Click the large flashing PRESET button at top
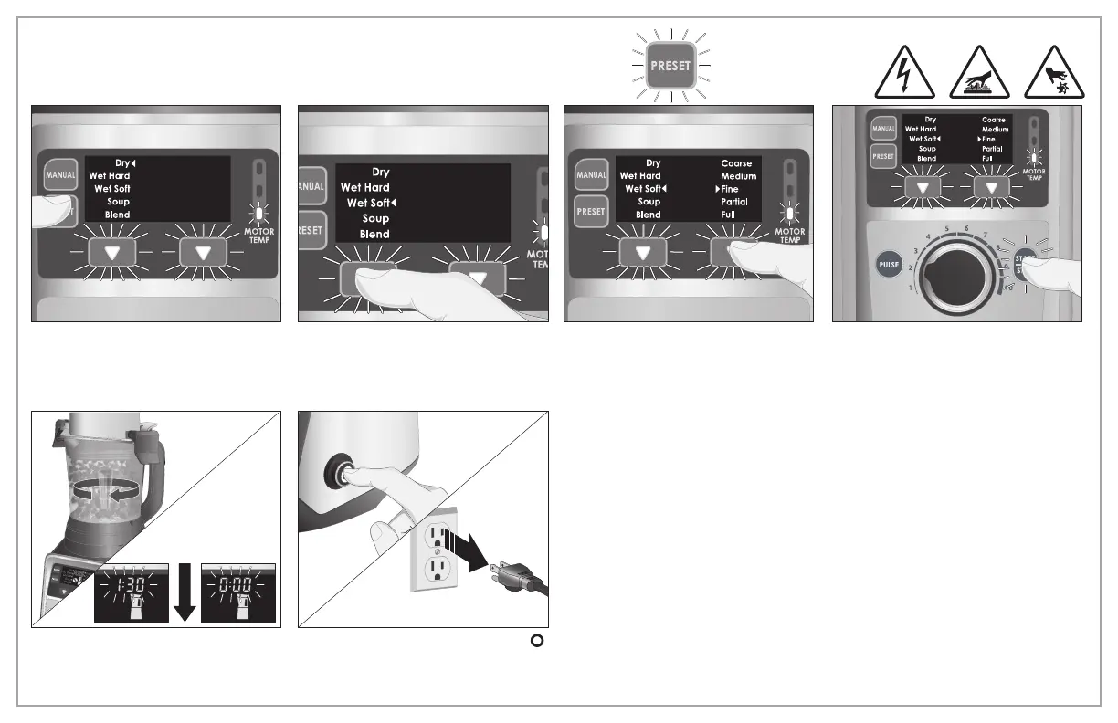(x=670, y=66)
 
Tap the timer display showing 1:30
(x=132, y=592)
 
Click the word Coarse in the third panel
(x=736, y=163)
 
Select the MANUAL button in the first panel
(x=61, y=175)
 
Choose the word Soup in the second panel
(x=375, y=219)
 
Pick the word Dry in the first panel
(x=124, y=163)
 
